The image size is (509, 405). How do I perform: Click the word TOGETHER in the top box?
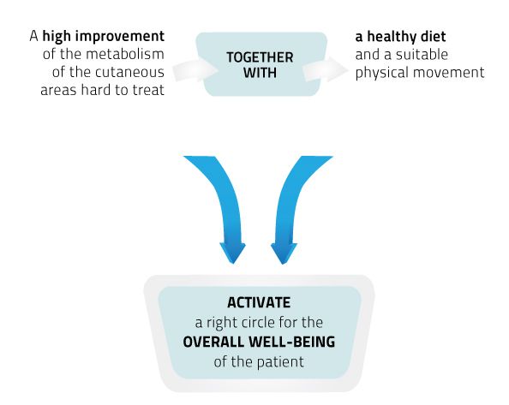260,57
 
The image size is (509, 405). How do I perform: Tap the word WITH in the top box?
260,73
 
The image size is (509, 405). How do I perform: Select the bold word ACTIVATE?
259,302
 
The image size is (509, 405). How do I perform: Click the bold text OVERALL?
213,342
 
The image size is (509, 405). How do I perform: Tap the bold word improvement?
120,36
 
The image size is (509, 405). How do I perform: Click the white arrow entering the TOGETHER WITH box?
195,69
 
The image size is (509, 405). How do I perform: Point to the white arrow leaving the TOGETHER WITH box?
326,69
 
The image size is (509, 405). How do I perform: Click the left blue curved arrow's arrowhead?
233,253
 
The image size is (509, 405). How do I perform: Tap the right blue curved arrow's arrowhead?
284,253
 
